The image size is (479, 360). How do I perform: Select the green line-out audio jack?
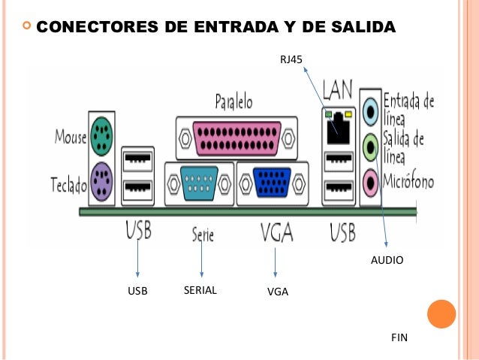coord(370,146)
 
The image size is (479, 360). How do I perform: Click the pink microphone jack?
coord(370,180)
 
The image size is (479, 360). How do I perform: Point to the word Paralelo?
coord(233,101)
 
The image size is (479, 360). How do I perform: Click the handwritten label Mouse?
coord(70,137)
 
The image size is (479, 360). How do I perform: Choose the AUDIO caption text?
coord(387,260)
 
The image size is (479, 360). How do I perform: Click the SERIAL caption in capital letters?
coord(200,290)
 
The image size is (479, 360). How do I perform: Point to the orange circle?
coord(441,313)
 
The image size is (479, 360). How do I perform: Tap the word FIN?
coord(399,338)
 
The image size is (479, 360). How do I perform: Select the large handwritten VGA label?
coord(276,231)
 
